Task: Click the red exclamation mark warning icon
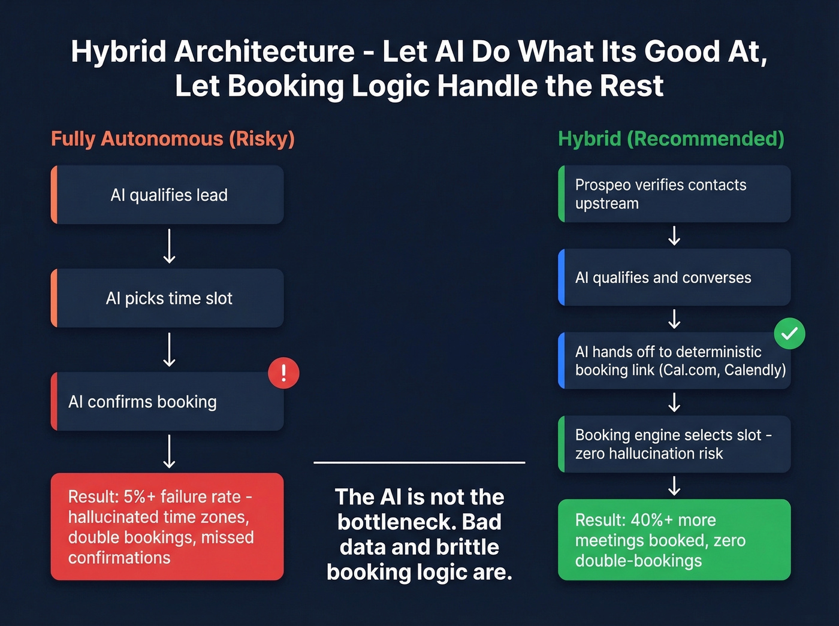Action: (283, 373)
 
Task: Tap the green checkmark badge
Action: (789, 334)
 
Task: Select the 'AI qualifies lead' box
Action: (168, 195)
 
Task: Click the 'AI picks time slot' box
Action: (168, 298)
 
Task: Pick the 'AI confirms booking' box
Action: (168, 402)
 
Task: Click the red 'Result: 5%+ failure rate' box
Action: (167, 527)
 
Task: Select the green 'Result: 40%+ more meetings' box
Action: (674, 540)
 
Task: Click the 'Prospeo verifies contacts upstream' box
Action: (674, 194)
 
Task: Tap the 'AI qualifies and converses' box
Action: (674, 277)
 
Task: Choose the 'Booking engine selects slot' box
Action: (674, 444)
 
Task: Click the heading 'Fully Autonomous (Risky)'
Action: (173, 139)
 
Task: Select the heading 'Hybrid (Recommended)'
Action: (671, 139)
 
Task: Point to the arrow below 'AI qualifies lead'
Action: (170, 246)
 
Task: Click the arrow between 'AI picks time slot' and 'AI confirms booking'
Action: (170, 350)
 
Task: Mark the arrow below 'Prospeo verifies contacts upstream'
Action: (674, 235)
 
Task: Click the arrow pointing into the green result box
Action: (674, 486)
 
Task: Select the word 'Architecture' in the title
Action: (264, 52)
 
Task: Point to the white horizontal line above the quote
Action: (419, 462)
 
